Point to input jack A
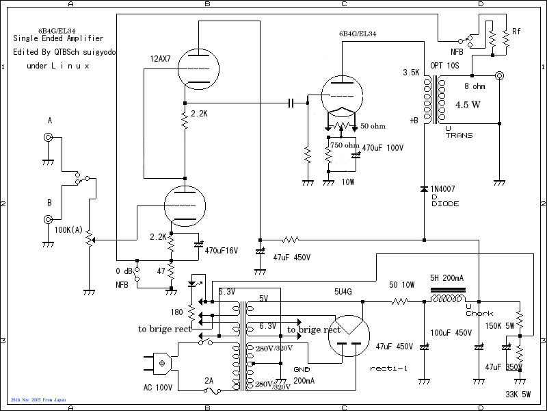[49, 137]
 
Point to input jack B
[49, 220]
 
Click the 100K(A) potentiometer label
[69, 229]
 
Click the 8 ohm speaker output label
[475, 86]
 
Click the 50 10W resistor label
[402, 284]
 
